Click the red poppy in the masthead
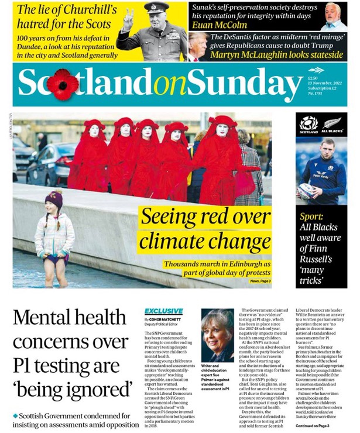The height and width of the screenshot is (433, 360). click(x=63, y=84)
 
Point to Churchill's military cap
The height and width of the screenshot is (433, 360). click(x=156, y=8)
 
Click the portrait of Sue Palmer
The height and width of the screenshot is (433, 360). click(x=217, y=335)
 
